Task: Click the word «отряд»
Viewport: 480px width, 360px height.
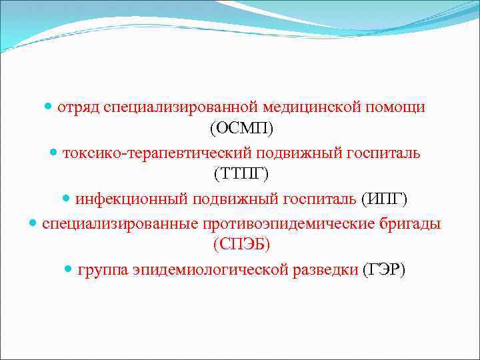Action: coord(78,107)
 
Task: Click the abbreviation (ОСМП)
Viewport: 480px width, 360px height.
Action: coord(241,129)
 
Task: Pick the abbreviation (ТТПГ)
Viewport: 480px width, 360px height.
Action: coord(241,175)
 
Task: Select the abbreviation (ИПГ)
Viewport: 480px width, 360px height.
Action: coord(383,199)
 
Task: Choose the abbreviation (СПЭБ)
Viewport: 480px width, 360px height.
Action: coord(241,245)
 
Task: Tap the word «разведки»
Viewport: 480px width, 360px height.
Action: coord(326,270)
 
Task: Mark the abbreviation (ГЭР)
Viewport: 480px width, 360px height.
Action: coord(383,270)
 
